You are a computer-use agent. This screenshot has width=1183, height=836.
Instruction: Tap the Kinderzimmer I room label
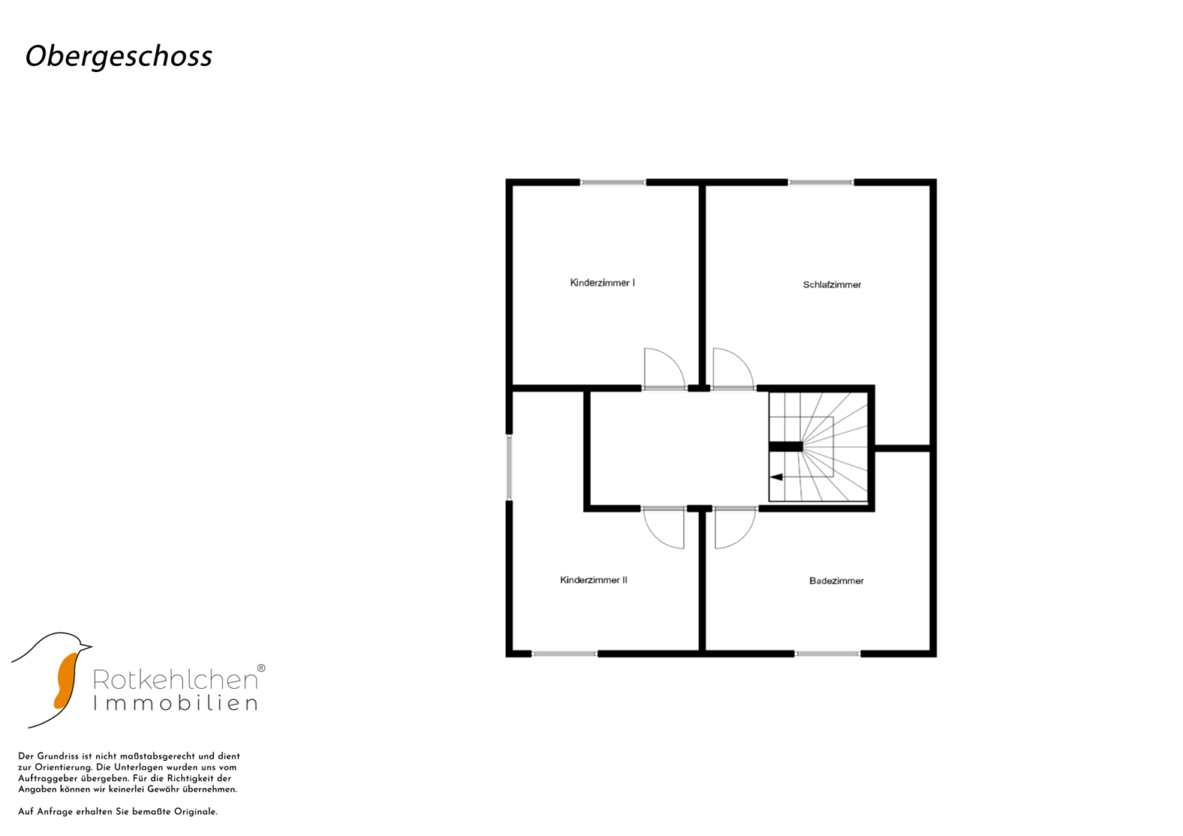[602, 283]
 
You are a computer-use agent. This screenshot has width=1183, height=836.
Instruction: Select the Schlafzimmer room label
[832, 285]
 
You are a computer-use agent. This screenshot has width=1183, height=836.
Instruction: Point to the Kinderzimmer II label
[593, 580]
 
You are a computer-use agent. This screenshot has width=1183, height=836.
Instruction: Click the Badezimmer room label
[837, 581]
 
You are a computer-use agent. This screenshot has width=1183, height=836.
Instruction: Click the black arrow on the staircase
[776, 477]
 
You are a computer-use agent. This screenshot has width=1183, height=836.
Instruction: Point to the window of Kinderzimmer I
[613, 183]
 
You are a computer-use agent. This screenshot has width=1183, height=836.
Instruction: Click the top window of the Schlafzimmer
[820, 183]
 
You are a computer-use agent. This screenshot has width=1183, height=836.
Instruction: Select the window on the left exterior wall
[509, 467]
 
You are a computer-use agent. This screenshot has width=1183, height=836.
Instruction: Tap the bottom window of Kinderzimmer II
[564, 654]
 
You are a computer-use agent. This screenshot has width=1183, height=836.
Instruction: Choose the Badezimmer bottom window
[827, 654]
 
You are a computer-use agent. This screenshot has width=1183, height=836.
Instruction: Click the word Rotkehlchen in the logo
[175, 680]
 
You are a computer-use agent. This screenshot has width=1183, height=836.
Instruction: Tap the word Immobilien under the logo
[175, 704]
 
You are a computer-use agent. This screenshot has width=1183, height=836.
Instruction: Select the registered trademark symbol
[261, 668]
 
